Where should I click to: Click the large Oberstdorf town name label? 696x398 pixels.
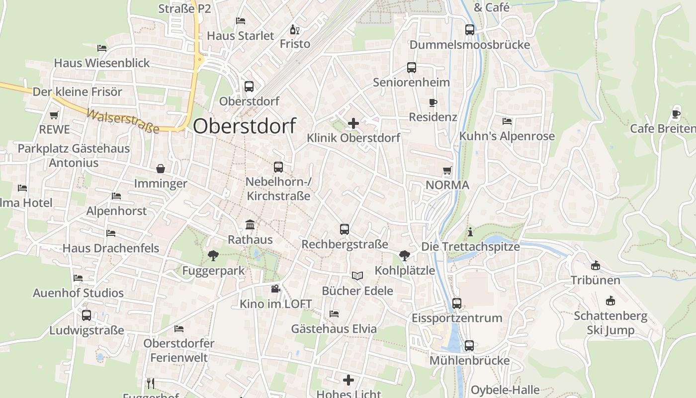tap(244, 126)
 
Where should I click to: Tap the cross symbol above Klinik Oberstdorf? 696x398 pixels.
tap(353, 123)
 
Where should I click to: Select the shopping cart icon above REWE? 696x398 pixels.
tap(54, 115)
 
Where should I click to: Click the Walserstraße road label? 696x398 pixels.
tap(123, 121)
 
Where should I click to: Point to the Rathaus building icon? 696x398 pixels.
tap(250, 225)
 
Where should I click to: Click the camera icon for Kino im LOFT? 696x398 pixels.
tap(275, 289)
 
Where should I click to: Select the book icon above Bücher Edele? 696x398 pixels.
tap(357, 276)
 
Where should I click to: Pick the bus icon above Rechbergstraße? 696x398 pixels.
tap(345, 229)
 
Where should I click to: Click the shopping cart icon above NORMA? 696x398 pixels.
tap(447, 171)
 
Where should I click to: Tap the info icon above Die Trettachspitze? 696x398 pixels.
tap(470, 232)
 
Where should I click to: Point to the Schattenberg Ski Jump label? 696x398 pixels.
tap(611, 323)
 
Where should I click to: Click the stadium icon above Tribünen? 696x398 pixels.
tap(596, 266)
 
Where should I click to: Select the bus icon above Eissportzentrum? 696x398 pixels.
tap(457, 303)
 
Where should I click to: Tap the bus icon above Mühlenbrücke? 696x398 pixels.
tap(469, 346)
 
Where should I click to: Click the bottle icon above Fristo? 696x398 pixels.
tap(295, 29)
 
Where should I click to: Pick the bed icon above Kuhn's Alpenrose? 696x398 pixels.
tap(507, 121)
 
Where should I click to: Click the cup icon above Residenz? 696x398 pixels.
tap(433, 103)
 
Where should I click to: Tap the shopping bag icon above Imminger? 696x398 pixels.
tap(161, 169)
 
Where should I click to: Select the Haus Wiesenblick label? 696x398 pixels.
tap(102, 63)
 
